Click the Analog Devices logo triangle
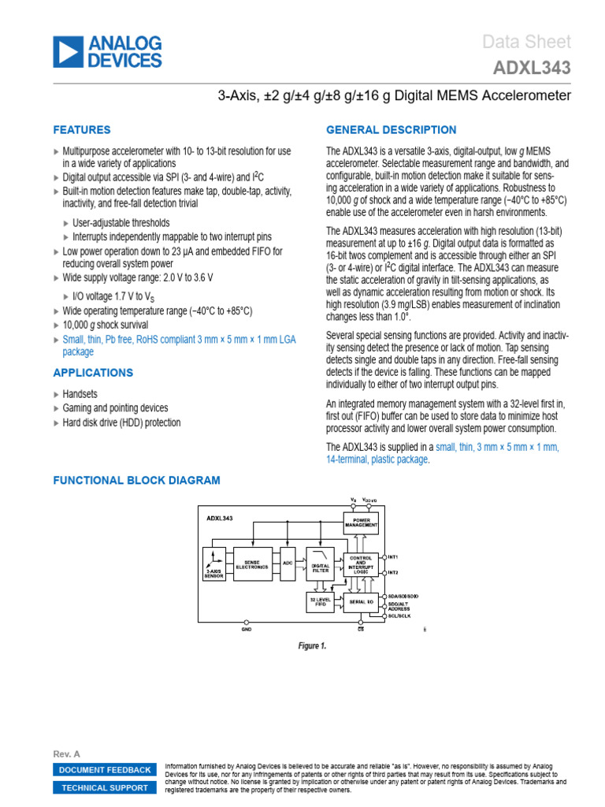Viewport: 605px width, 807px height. tap(68, 51)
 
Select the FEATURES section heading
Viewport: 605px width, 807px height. tap(81, 130)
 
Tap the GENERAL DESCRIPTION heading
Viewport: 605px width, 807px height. tap(391, 130)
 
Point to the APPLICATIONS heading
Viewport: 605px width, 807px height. tap(92, 373)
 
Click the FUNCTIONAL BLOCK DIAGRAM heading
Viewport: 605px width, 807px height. tap(136, 480)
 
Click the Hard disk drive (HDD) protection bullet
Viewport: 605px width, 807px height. tap(121, 422)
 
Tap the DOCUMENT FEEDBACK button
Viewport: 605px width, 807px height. tap(105, 770)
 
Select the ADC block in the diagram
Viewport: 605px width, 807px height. tap(287, 564)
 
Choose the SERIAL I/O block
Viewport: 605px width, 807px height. tap(361, 603)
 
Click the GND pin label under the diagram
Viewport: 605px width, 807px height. tap(247, 630)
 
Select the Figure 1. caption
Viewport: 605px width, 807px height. tap(312, 645)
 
